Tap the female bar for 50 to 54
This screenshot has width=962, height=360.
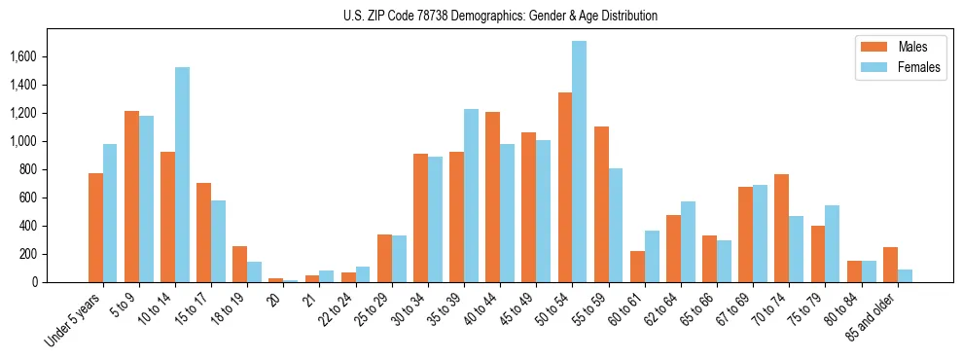579,162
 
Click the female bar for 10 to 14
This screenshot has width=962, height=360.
182,175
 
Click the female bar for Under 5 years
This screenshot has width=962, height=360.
110,213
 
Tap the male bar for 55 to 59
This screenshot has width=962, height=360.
601,204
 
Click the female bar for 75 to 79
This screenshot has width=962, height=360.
833,244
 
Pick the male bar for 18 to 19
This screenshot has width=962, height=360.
239,265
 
